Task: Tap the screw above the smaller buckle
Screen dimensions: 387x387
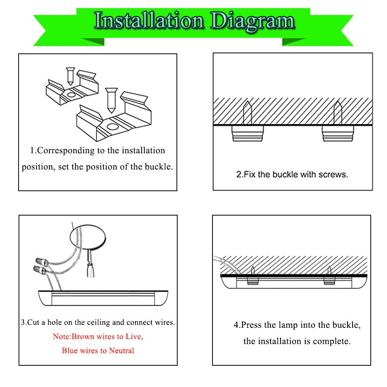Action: pyautogui.click(x=70, y=76)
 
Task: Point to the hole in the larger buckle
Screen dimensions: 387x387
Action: pyautogui.click(x=113, y=127)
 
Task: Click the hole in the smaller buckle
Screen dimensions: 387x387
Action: pyautogui.click(x=72, y=94)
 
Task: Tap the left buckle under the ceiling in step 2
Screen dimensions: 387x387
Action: pyautogui.click(x=248, y=134)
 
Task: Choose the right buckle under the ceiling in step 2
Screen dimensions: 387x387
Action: pyautogui.click(x=338, y=134)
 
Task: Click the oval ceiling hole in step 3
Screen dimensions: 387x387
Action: pyautogui.click(x=88, y=237)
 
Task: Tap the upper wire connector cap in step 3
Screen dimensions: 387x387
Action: pyautogui.click(x=42, y=261)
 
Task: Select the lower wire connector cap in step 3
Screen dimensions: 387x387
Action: pyautogui.click(x=39, y=269)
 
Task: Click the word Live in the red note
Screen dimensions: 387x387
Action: pyautogui.click(x=134, y=336)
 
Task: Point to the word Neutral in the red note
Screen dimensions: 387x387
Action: pyautogui.click(x=122, y=351)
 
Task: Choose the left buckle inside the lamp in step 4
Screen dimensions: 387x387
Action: pyautogui.click(x=253, y=281)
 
